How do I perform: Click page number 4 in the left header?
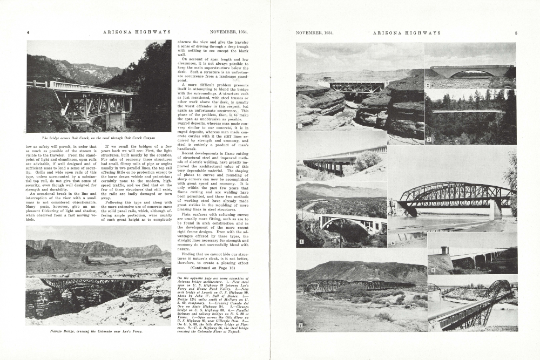28,33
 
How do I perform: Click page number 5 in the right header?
516,33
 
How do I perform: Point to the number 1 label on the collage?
300,126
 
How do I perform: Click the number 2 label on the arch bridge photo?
427,85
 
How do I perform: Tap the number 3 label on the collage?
428,139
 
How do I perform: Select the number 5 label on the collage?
301,242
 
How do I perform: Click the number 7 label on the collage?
300,325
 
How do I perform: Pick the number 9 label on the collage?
431,327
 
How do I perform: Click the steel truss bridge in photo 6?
454,196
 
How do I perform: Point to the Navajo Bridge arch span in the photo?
92,283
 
